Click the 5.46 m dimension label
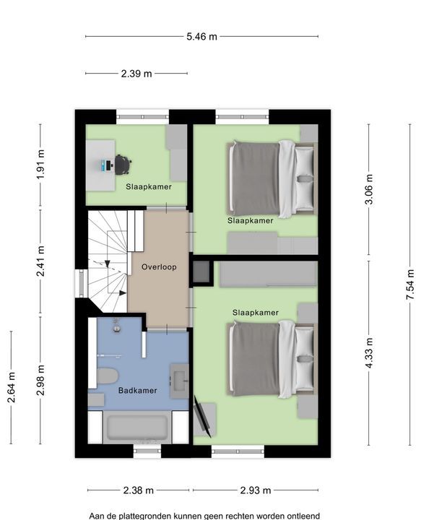pos(201,37)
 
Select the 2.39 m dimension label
pos(136,73)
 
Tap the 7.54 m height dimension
pos(410,285)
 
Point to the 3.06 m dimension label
pos(369,189)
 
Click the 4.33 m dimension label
pos(369,353)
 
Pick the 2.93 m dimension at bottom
pos(256,490)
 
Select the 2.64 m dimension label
pos(12,387)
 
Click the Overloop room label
pos(159,267)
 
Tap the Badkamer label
pos(138,390)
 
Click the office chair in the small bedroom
pos(123,165)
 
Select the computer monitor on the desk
pos(107,165)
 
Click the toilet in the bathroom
pos(108,376)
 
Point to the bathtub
pos(137,427)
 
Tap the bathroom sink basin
pos(179,381)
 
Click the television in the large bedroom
pos(202,417)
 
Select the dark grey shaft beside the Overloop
pos(201,272)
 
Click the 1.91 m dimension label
pos(40,165)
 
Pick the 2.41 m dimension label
pos(40,261)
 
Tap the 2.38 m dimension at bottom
pos(138,490)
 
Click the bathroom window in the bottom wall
pos(147,451)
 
